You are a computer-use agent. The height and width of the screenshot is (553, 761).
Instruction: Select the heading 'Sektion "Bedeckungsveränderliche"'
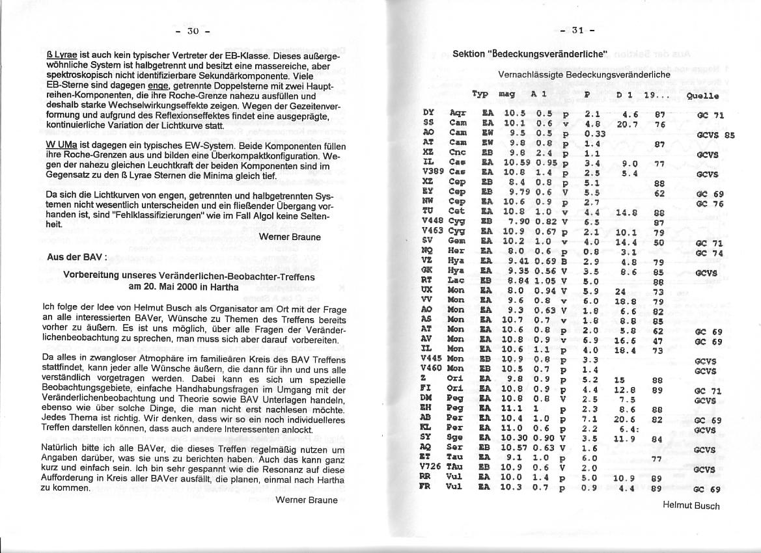pyautogui.click(x=529, y=53)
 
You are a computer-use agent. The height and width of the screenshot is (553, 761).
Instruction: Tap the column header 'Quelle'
pyautogui.click(x=702, y=96)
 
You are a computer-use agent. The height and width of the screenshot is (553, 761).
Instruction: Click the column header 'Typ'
pyautogui.click(x=480, y=94)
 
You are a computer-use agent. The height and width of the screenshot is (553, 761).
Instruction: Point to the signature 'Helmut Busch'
pyautogui.click(x=691, y=505)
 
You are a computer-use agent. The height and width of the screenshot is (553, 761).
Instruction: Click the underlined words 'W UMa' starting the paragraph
pyautogui.click(x=62, y=145)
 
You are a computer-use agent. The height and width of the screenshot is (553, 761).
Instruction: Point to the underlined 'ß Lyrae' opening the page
pyautogui.click(x=63, y=57)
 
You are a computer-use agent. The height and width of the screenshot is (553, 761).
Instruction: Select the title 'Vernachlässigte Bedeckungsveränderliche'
pyautogui.click(x=584, y=75)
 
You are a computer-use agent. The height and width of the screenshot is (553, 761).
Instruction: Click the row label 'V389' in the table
pyautogui.click(x=432, y=174)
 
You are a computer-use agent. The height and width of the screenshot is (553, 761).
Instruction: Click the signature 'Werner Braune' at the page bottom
pyautogui.click(x=307, y=500)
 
